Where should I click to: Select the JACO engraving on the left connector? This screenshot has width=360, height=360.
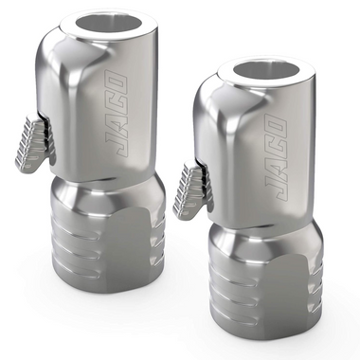tap(114, 115)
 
